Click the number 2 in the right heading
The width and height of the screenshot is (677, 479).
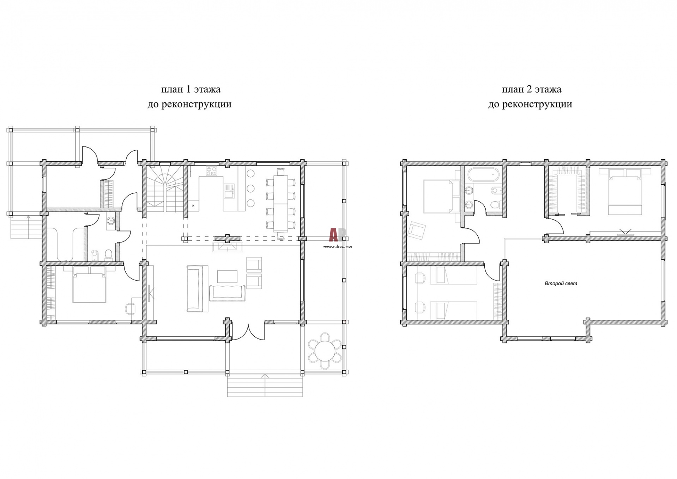tap(529, 89)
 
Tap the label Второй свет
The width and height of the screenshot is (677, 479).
tap(561, 283)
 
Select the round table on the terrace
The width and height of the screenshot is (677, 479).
tap(325, 351)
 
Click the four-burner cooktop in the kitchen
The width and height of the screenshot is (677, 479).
tap(212, 171)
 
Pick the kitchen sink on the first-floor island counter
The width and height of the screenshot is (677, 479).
tap(229, 191)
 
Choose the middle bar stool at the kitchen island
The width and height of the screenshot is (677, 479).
tap(250, 188)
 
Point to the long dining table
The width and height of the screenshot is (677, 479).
tap(281, 204)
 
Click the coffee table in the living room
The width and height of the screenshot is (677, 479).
tap(227, 276)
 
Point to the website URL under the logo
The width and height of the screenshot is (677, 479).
tap(338, 247)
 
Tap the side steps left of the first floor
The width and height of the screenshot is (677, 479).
tap(26, 227)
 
